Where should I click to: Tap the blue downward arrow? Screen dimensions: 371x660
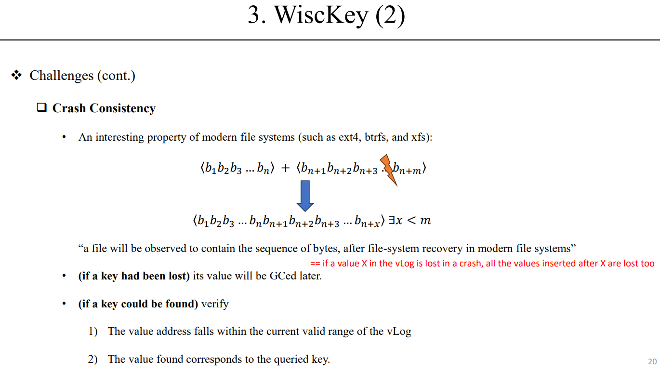[x=305, y=195]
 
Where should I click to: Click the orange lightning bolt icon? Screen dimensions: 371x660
[x=389, y=170]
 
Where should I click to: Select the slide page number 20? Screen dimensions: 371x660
[x=652, y=361]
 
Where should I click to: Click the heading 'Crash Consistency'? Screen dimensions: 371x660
[x=104, y=108]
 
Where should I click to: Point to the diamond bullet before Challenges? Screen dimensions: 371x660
[x=17, y=75]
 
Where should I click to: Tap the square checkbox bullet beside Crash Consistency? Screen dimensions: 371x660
[x=41, y=108]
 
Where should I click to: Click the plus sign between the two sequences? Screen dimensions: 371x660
[x=286, y=168]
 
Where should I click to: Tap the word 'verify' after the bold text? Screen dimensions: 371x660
[x=215, y=304]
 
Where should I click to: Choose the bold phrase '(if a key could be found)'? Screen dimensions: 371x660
[x=138, y=304]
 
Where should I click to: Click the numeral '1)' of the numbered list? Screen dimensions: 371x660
[x=93, y=331]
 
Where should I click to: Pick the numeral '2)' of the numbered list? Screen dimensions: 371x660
[x=93, y=359]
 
